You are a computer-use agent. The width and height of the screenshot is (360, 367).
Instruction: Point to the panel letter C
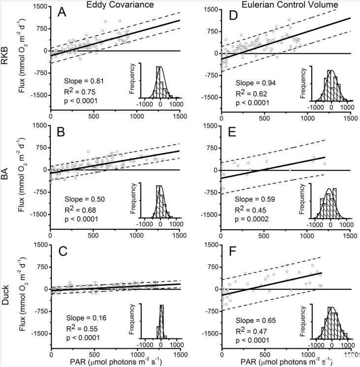point(64,252)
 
